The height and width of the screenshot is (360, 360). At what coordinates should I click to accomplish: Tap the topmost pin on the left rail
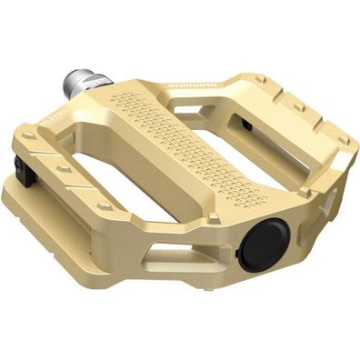30,137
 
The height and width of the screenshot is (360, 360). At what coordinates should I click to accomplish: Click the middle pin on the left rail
64,168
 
